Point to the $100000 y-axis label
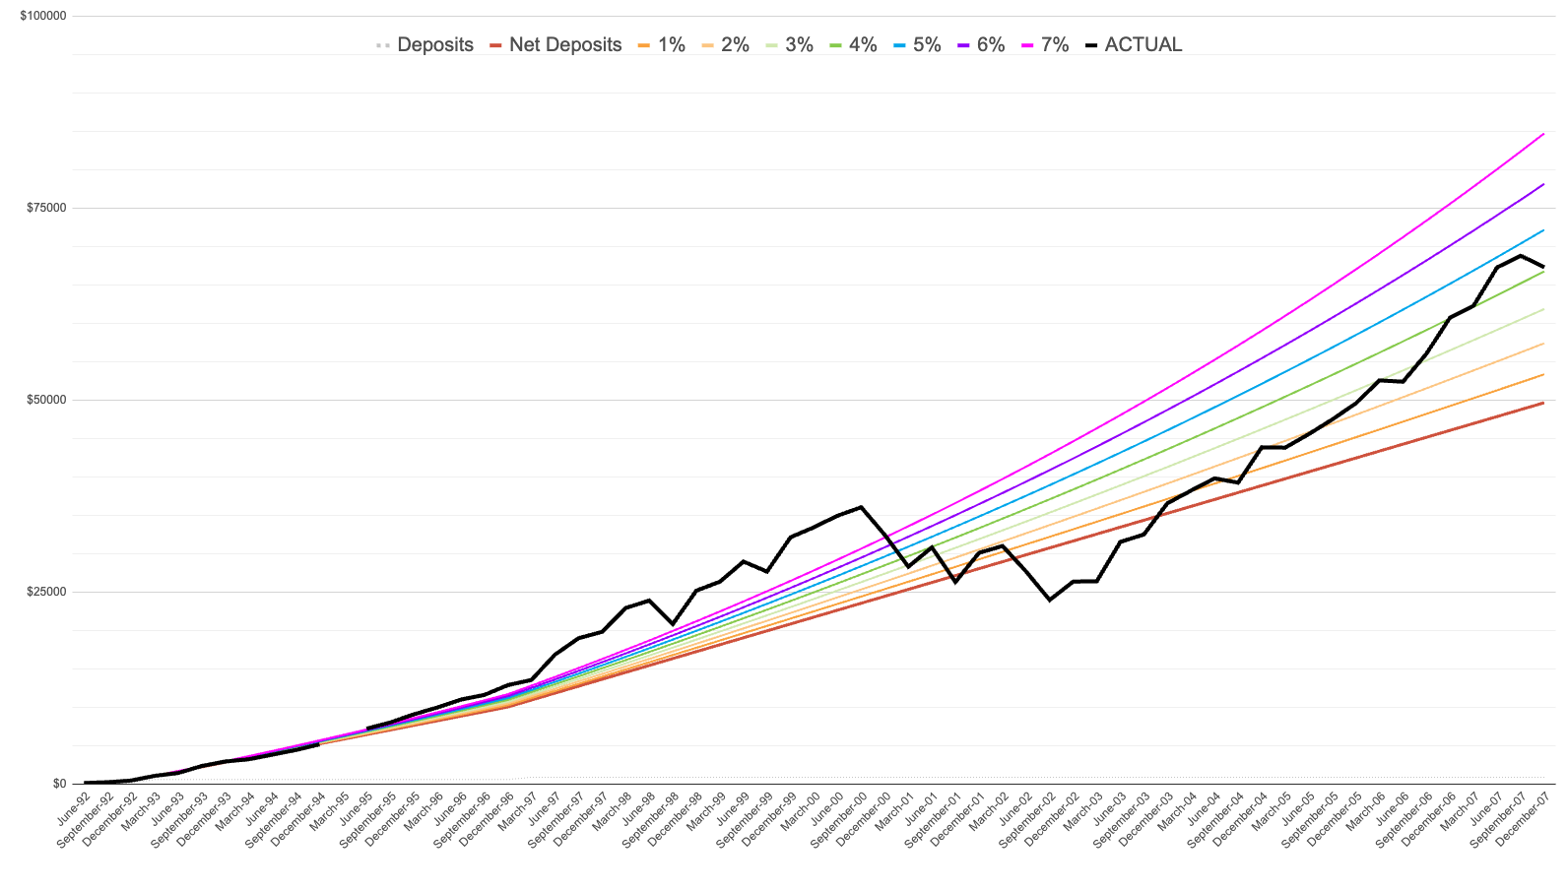point(43,17)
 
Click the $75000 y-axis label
point(46,208)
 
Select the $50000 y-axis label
point(46,400)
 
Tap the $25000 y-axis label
point(46,592)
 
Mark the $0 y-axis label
point(59,784)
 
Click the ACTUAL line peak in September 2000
point(862,507)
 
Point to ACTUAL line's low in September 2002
point(1050,600)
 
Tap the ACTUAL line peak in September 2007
point(1521,256)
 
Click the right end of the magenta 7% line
point(1543,134)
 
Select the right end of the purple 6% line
point(1543,184)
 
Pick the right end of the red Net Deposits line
point(1543,403)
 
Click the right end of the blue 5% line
point(1543,230)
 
